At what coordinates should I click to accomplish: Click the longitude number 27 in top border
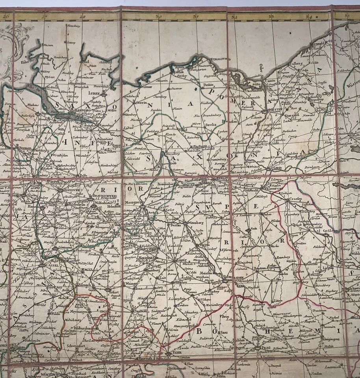[44, 17]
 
